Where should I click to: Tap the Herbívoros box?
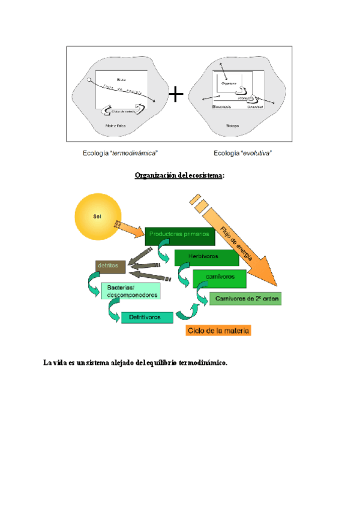coord(202,257)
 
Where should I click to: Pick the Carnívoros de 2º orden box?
coord(245,298)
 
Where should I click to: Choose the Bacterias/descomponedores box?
coord(130,292)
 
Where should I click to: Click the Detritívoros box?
coord(147,318)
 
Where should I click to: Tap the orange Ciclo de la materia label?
coord(218,330)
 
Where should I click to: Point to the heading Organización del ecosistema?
coord(179,175)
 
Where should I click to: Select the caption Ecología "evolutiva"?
coord(239,153)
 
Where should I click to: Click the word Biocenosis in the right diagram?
coord(221,106)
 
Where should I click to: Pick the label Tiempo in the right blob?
coord(232,125)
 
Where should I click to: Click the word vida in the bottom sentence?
coord(59,363)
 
